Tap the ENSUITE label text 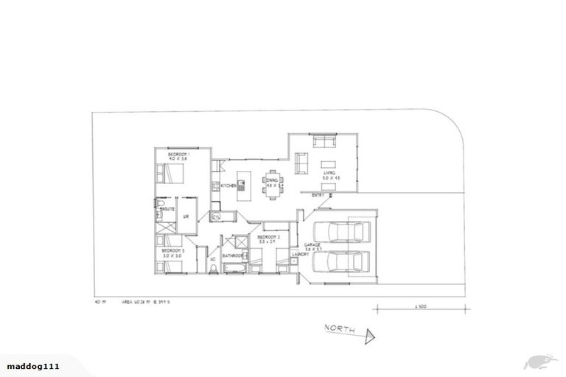pos(167,209)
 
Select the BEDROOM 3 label pos(173,251)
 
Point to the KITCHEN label pos(229,186)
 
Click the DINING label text pos(272,180)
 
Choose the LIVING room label pos(329,172)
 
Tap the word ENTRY pos(318,195)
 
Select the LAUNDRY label pos(300,255)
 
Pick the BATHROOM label pos(233,256)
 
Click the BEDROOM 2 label pos(267,237)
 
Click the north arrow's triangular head pos(370,337)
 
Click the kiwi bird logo pos(537,361)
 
